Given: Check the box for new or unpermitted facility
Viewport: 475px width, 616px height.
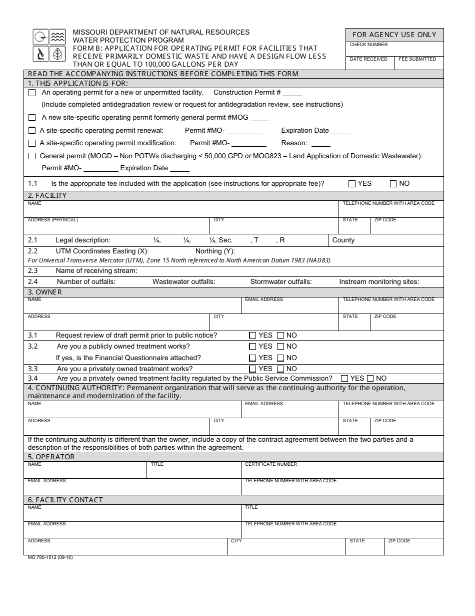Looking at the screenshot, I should pyautogui.click(x=32, y=93).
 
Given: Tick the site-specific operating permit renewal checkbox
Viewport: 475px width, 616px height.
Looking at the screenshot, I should pyautogui.click(x=32, y=131).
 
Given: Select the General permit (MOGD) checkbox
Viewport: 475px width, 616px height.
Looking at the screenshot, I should pyautogui.click(x=32, y=156).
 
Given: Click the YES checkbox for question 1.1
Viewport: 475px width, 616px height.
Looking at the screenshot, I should pyautogui.click(x=352, y=184).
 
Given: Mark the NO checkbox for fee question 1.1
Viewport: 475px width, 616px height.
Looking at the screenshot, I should pyautogui.click(x=393, y=184).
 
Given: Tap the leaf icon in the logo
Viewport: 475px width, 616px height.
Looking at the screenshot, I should pyautogui.click(x=58, y=54).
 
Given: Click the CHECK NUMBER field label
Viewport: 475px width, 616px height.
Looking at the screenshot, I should pyautogui.click(x=368, y=45).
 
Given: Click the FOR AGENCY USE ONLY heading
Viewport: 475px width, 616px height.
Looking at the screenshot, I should pyautogui.click(x=394, y=35).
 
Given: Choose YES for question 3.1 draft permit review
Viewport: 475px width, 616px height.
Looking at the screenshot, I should pyautogui.click(x=252, y=336).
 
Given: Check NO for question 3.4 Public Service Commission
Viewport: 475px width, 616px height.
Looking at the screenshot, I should pyautogui.click(x=370, y=379).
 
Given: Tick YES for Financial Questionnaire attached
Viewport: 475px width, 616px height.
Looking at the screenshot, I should pyautogui.click(x=252, y=358).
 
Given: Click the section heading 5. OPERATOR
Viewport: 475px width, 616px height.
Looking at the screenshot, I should pyautogui.click(x=51, y=457).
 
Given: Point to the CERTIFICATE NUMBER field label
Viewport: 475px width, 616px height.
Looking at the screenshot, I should pyautogui.click(x=270, y=464).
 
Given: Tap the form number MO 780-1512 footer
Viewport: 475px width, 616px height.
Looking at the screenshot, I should pyautogui.click(x=50, y=557).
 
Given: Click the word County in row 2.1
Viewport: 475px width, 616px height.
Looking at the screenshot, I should pyautogui.click(x=343, y=240).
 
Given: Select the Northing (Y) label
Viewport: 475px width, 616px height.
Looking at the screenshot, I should pyautogui.click(x=215, y=251).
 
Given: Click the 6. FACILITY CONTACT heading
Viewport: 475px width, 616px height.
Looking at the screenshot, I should pyautogui.click(x=65, y=500).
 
